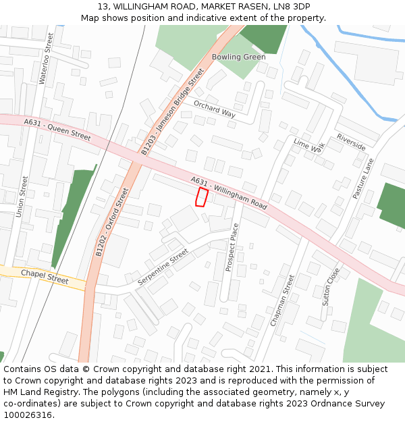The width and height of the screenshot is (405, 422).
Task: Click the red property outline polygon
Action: tap(201, 196)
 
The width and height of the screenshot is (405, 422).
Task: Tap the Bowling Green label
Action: tap(238, 57)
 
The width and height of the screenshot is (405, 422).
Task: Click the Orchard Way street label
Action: tap(215, 109)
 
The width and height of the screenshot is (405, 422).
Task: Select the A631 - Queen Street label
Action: tap(57, 130)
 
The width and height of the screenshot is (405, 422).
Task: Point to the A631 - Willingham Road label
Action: tap(229, 193)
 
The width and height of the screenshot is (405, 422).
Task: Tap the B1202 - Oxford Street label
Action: tap(112, 222)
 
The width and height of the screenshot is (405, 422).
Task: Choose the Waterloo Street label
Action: tap(46, 59)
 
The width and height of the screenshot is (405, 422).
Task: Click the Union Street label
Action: tap(22, 196)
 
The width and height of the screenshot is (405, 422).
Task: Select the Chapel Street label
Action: tap(45, 276)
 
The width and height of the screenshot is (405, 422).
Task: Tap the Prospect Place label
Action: tap(232, 248)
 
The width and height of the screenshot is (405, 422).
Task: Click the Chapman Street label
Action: tap(283, 300)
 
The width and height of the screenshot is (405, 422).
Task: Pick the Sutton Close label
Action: tap(331, 286)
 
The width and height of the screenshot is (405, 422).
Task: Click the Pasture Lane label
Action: tap(362, 178)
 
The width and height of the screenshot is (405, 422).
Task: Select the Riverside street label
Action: tap(351, 142)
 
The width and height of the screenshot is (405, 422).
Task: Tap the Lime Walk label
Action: tap(309, 147)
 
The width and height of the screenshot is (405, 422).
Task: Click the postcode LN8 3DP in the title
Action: tap(292, 6)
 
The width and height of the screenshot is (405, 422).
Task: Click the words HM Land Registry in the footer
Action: tap(35, 392)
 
